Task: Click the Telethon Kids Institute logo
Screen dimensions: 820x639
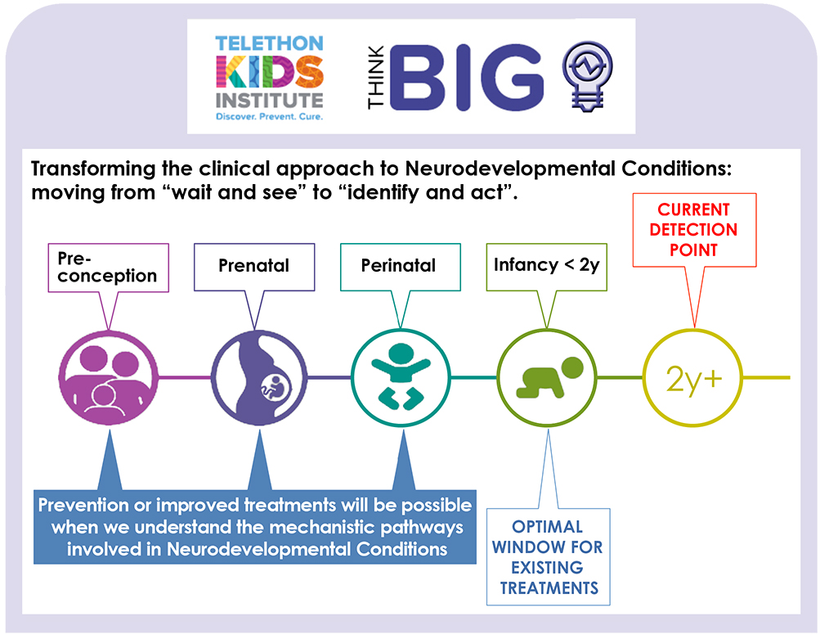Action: click(x=269, y=78)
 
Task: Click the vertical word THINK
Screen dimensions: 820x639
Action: click(x=375, y=77)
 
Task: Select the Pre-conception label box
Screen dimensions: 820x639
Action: click(x=108, y=268)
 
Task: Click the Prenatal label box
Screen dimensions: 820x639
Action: click(x=254, y=267)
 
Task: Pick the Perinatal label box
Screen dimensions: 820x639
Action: click(x=400, y=267)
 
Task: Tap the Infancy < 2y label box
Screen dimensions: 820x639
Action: click(x=546, y=267)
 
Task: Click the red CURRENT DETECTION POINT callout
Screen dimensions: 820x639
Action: click(x=694, y=230)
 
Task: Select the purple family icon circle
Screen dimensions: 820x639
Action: click(x=108, y=377)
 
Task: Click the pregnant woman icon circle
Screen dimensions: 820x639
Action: click(x=259, y=377)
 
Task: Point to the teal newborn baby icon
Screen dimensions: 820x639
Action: click(x=401, y=376)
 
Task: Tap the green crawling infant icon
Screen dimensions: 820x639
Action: click(x=549, y=377)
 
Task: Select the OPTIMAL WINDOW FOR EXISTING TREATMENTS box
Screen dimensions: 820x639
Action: click(x=548, y=557)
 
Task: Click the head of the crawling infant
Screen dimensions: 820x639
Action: click(x=572, y=367)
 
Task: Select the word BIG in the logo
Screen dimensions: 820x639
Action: click(x=467, y=78)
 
